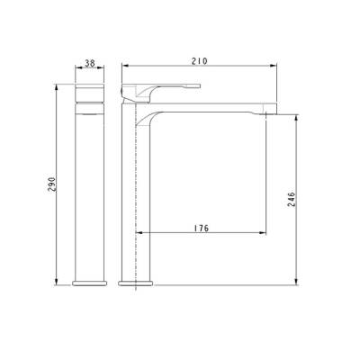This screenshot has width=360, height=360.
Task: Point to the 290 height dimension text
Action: [x=56, y=186]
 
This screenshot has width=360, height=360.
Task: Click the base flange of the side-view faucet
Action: [x=134, y=283]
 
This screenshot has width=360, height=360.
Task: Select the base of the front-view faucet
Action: [x=88, y=283]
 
